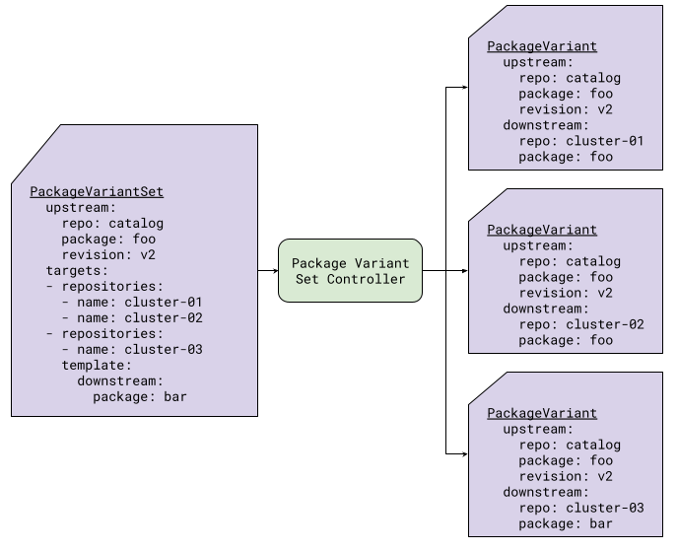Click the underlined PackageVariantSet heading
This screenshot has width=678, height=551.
click(x=97, y=191)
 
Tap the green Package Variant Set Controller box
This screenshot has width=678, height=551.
click(x=350, y=271)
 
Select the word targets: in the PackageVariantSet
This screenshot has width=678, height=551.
click(x=77, y=270)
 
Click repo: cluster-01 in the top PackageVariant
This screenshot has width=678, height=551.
click(x=580, y=141)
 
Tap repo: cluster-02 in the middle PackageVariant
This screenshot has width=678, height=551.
click(x=580, y=324)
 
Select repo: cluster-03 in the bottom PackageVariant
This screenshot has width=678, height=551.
click(x=580, y=508)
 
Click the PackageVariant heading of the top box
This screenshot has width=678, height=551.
click(x=541, y=46)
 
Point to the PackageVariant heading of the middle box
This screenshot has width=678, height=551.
click(x=541, y=230)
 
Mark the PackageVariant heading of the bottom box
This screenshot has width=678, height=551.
click(x=541, y=413)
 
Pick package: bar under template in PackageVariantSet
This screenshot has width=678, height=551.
click(x=139, y=396)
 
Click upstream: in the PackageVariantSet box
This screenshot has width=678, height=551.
click(x=81, y=207)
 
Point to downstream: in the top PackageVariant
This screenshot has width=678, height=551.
click(x=545, y=125)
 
